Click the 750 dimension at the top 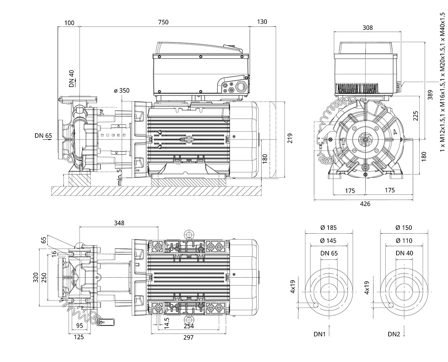(163, 22)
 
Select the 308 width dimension (367, 28)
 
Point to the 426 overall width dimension (365, 204)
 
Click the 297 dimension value (188, 337)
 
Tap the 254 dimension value (188, 326)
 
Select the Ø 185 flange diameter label (329, 228)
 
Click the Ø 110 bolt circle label (403, 241)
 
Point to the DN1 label (320, 334)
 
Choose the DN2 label (394, 334)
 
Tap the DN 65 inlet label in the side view (43, 135)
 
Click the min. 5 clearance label (119, 177)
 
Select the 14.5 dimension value (167, 324)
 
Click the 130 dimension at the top (262, 22)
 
